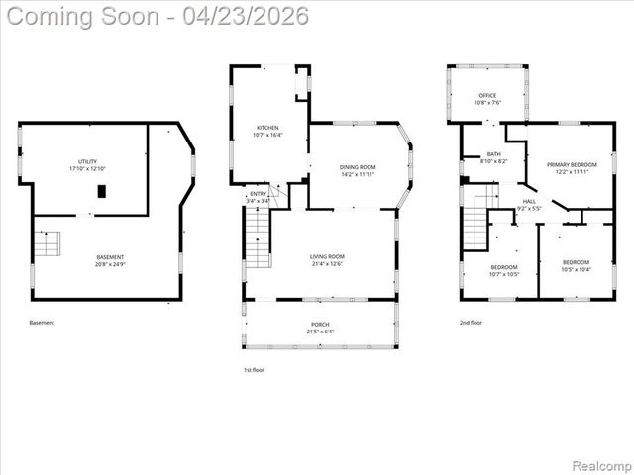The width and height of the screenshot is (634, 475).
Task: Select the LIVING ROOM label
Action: [326, 260]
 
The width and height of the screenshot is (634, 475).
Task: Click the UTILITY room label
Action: [88, 165]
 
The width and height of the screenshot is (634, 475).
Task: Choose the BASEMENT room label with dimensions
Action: [110, 260]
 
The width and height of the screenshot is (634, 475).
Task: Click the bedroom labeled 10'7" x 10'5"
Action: [504, 271]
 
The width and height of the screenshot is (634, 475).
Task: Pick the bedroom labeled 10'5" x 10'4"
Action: [576, 265]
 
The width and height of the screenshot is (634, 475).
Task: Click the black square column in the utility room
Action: [101, 191]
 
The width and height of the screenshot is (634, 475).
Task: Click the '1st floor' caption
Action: [254, 369]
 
